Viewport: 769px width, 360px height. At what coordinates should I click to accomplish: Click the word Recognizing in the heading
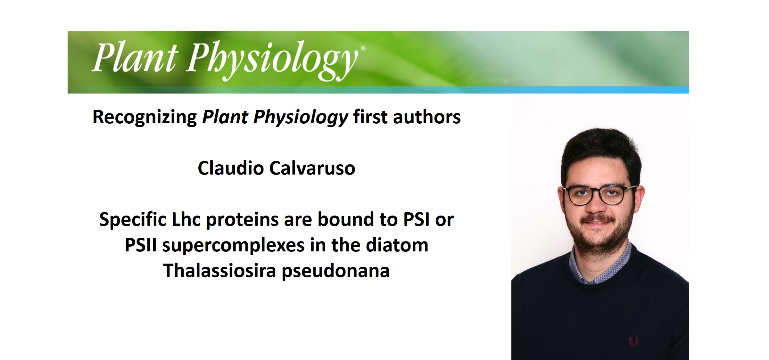pos(145,117)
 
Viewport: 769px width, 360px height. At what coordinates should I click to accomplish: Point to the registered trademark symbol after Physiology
pos(363,48)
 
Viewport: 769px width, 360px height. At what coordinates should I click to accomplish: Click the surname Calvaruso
pos(312,168)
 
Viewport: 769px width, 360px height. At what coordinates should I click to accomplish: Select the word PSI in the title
pos(416,219)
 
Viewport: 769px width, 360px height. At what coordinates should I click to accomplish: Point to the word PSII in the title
pos(141,245)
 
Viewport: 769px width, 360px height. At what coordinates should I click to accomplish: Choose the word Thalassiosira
pos(219,271)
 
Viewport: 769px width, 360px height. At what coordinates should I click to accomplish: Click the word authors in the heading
pos(427,117)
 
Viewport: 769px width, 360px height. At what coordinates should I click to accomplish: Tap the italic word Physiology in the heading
pos(301,117)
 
